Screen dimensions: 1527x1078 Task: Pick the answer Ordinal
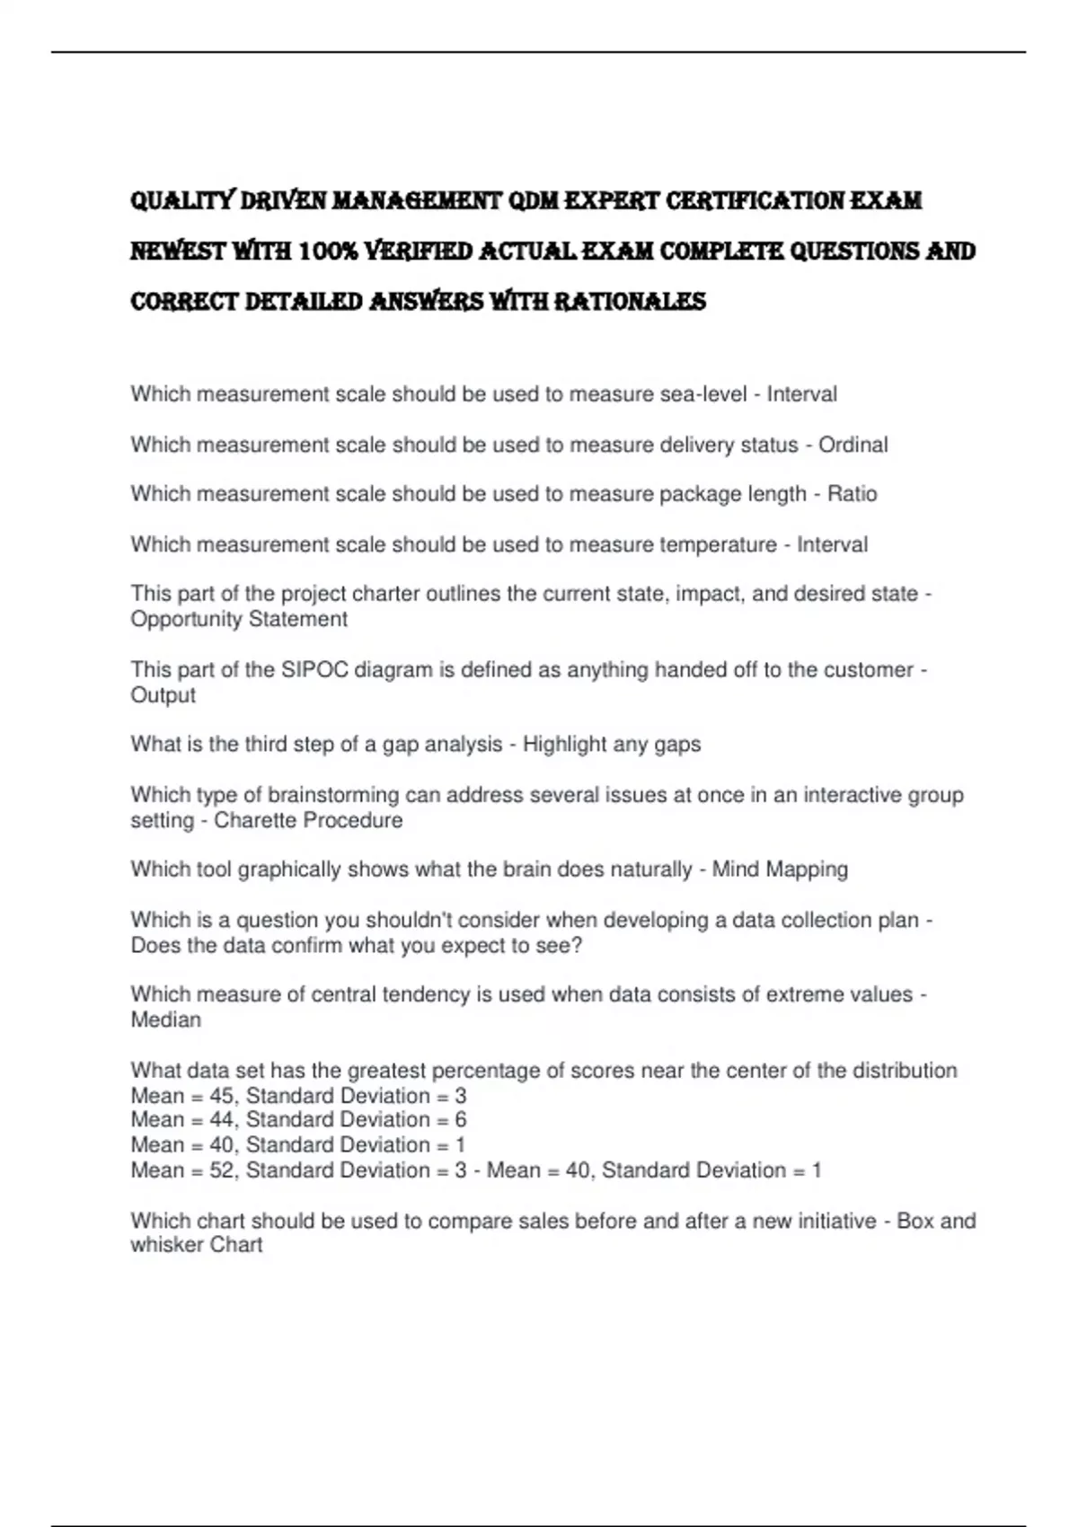coord(853,445)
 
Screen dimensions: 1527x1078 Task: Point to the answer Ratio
coord(852,494)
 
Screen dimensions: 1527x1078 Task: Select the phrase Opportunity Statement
coord(239,620)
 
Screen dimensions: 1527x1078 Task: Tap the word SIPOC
coord(314,670)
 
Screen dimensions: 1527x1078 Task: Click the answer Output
coord(163,695)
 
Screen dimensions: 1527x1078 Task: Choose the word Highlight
coord(564,745)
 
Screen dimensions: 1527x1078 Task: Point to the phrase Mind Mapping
coord(780,869)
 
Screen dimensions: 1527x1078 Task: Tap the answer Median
coord(166,1020)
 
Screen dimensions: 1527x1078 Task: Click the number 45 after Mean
coord(221,1096)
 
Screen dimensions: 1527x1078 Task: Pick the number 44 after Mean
coord(221,1120)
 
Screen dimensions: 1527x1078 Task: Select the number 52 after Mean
coord(221,1170)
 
